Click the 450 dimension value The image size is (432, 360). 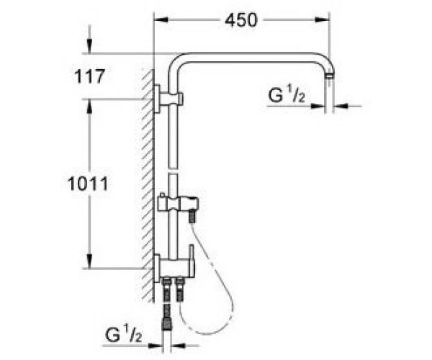241,20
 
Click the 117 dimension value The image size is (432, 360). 89,76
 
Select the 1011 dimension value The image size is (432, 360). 88,184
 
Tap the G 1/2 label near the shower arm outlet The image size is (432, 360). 287,95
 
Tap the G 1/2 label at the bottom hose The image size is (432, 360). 123,333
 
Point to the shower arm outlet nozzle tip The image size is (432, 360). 329,75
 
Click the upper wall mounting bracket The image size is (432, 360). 168,99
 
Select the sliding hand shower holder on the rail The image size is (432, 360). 178,204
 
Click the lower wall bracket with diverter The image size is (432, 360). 175,268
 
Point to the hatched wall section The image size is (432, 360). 148,185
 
